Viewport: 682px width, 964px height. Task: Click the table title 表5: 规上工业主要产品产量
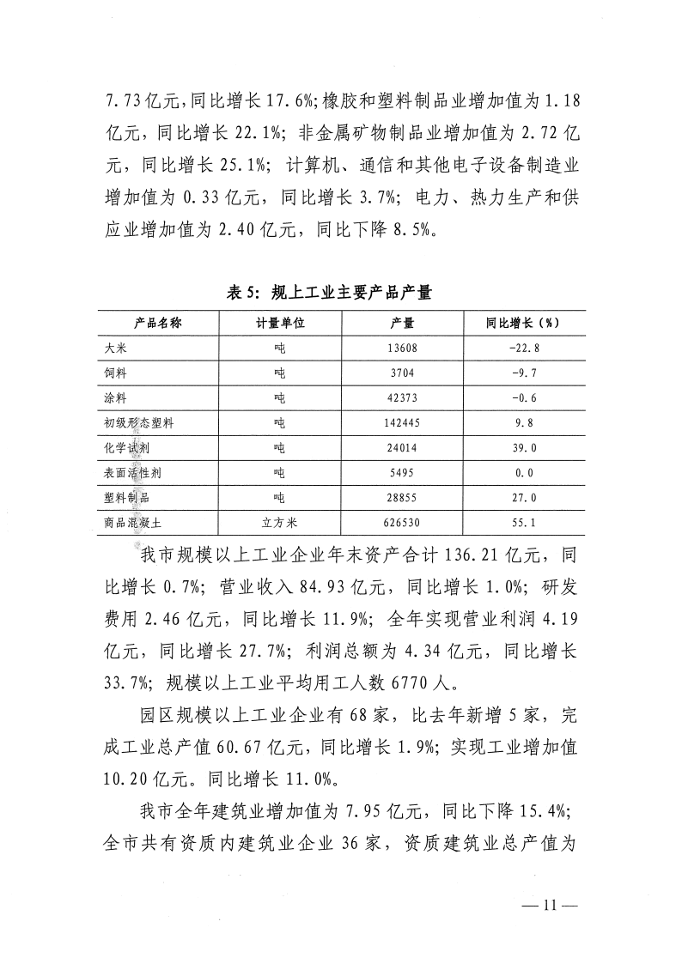(328, 293)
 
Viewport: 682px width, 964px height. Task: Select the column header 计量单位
(279, 323)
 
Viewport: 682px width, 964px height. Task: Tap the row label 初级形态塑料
(140, 423)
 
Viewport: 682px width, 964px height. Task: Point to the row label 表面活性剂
(134, 473)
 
